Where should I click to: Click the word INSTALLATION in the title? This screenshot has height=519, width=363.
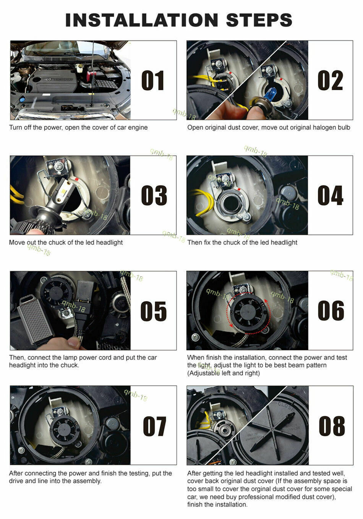click(x=141, y=20)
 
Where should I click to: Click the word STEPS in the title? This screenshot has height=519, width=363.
click(x=259, y=20)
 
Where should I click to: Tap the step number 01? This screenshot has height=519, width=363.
click(x=153, y=81)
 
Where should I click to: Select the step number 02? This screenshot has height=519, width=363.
click(x=330, y=81)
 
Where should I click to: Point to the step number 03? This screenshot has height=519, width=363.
click(x=154, y=195)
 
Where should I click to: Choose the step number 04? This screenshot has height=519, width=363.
click(x=330, y=195)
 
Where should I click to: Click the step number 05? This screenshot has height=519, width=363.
click(x=153, y=311)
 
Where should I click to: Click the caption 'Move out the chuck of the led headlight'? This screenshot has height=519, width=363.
click(x=66, y=242)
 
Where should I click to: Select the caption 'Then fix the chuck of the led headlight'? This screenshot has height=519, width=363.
click(x=242, y=242)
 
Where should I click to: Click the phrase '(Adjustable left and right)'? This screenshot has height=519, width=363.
click(x=223, y=373)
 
